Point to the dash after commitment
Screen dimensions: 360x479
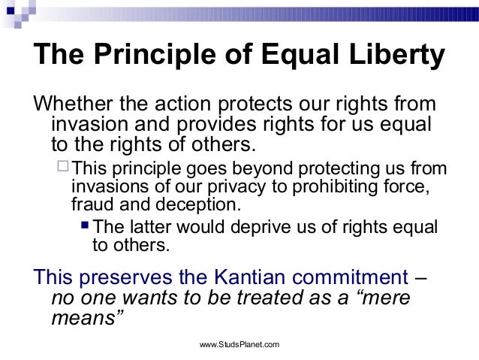[x=421, y=276]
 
